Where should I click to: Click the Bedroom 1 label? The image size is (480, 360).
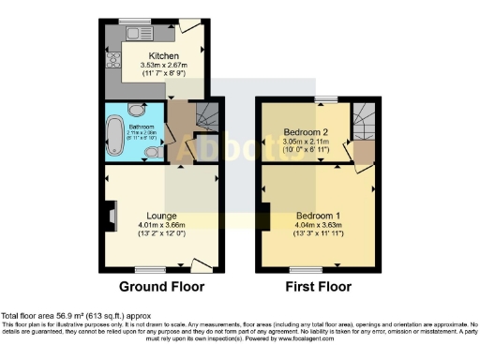pos(318,216)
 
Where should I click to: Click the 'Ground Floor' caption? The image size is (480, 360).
pos(163,286)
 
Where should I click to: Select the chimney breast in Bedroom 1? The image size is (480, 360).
pos(266,215)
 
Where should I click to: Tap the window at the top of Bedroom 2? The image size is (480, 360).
pos(326,98)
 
